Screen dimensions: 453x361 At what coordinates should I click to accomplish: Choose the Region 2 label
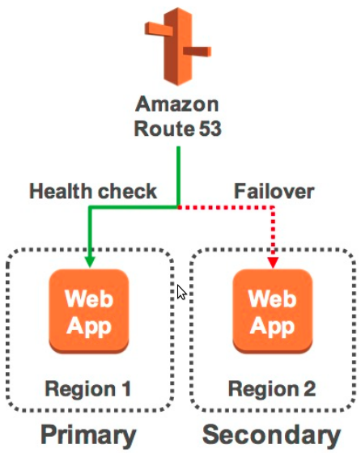pyautogui.click(x=271, y=389)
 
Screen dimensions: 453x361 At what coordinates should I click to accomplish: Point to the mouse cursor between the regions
pyautogui.click(x=182, y=293)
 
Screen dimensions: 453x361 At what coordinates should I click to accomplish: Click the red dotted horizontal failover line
pyautogui.click(x=227, y=208)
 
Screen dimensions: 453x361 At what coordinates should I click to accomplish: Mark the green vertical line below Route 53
pyautogui.click(x=178, y=174)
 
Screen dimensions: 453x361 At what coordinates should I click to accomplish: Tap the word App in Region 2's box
pyautogui.click(x=272, y=327)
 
